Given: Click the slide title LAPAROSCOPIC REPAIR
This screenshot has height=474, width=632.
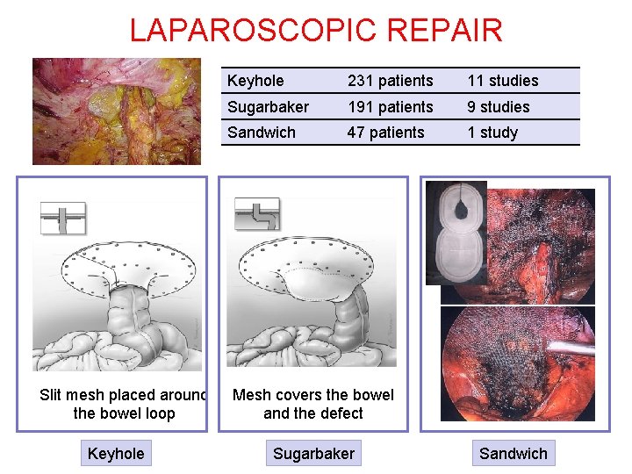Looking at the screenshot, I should pos(316,30).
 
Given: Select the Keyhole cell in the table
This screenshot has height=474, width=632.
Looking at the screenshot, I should pos(255,81).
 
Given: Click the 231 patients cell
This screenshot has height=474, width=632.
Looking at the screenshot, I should pos(390,81).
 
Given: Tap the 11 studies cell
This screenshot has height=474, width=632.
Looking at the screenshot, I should pos(502,81).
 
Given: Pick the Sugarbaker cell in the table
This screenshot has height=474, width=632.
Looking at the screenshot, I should pos(268,107).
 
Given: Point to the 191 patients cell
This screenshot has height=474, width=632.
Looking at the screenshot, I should pos(390,107).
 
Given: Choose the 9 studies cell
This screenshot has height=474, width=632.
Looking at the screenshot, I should pos(498,107).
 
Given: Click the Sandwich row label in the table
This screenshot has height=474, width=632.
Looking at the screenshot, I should pos(261,133).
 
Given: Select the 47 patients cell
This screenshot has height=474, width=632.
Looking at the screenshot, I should pos(385,133).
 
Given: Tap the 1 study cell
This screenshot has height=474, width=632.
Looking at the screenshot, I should pos(492,133).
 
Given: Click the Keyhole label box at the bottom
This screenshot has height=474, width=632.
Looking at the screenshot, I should pos(116,453).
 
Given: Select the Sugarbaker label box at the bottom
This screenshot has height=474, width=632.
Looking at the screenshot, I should pos(313,453).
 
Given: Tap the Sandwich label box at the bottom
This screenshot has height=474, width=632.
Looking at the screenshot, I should pos(513,453).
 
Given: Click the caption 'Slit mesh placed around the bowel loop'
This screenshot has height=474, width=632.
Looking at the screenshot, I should pos(124,405).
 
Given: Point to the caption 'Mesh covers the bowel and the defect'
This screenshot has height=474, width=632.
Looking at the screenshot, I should pos(313,405).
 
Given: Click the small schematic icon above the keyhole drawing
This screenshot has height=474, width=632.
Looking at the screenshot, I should pos(63,216).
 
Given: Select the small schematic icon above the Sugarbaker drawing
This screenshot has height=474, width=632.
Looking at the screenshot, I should pos(257,213).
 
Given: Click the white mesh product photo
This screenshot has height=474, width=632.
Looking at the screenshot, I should pos(456,233).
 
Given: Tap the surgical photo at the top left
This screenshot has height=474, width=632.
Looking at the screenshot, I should pos(116,111).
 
